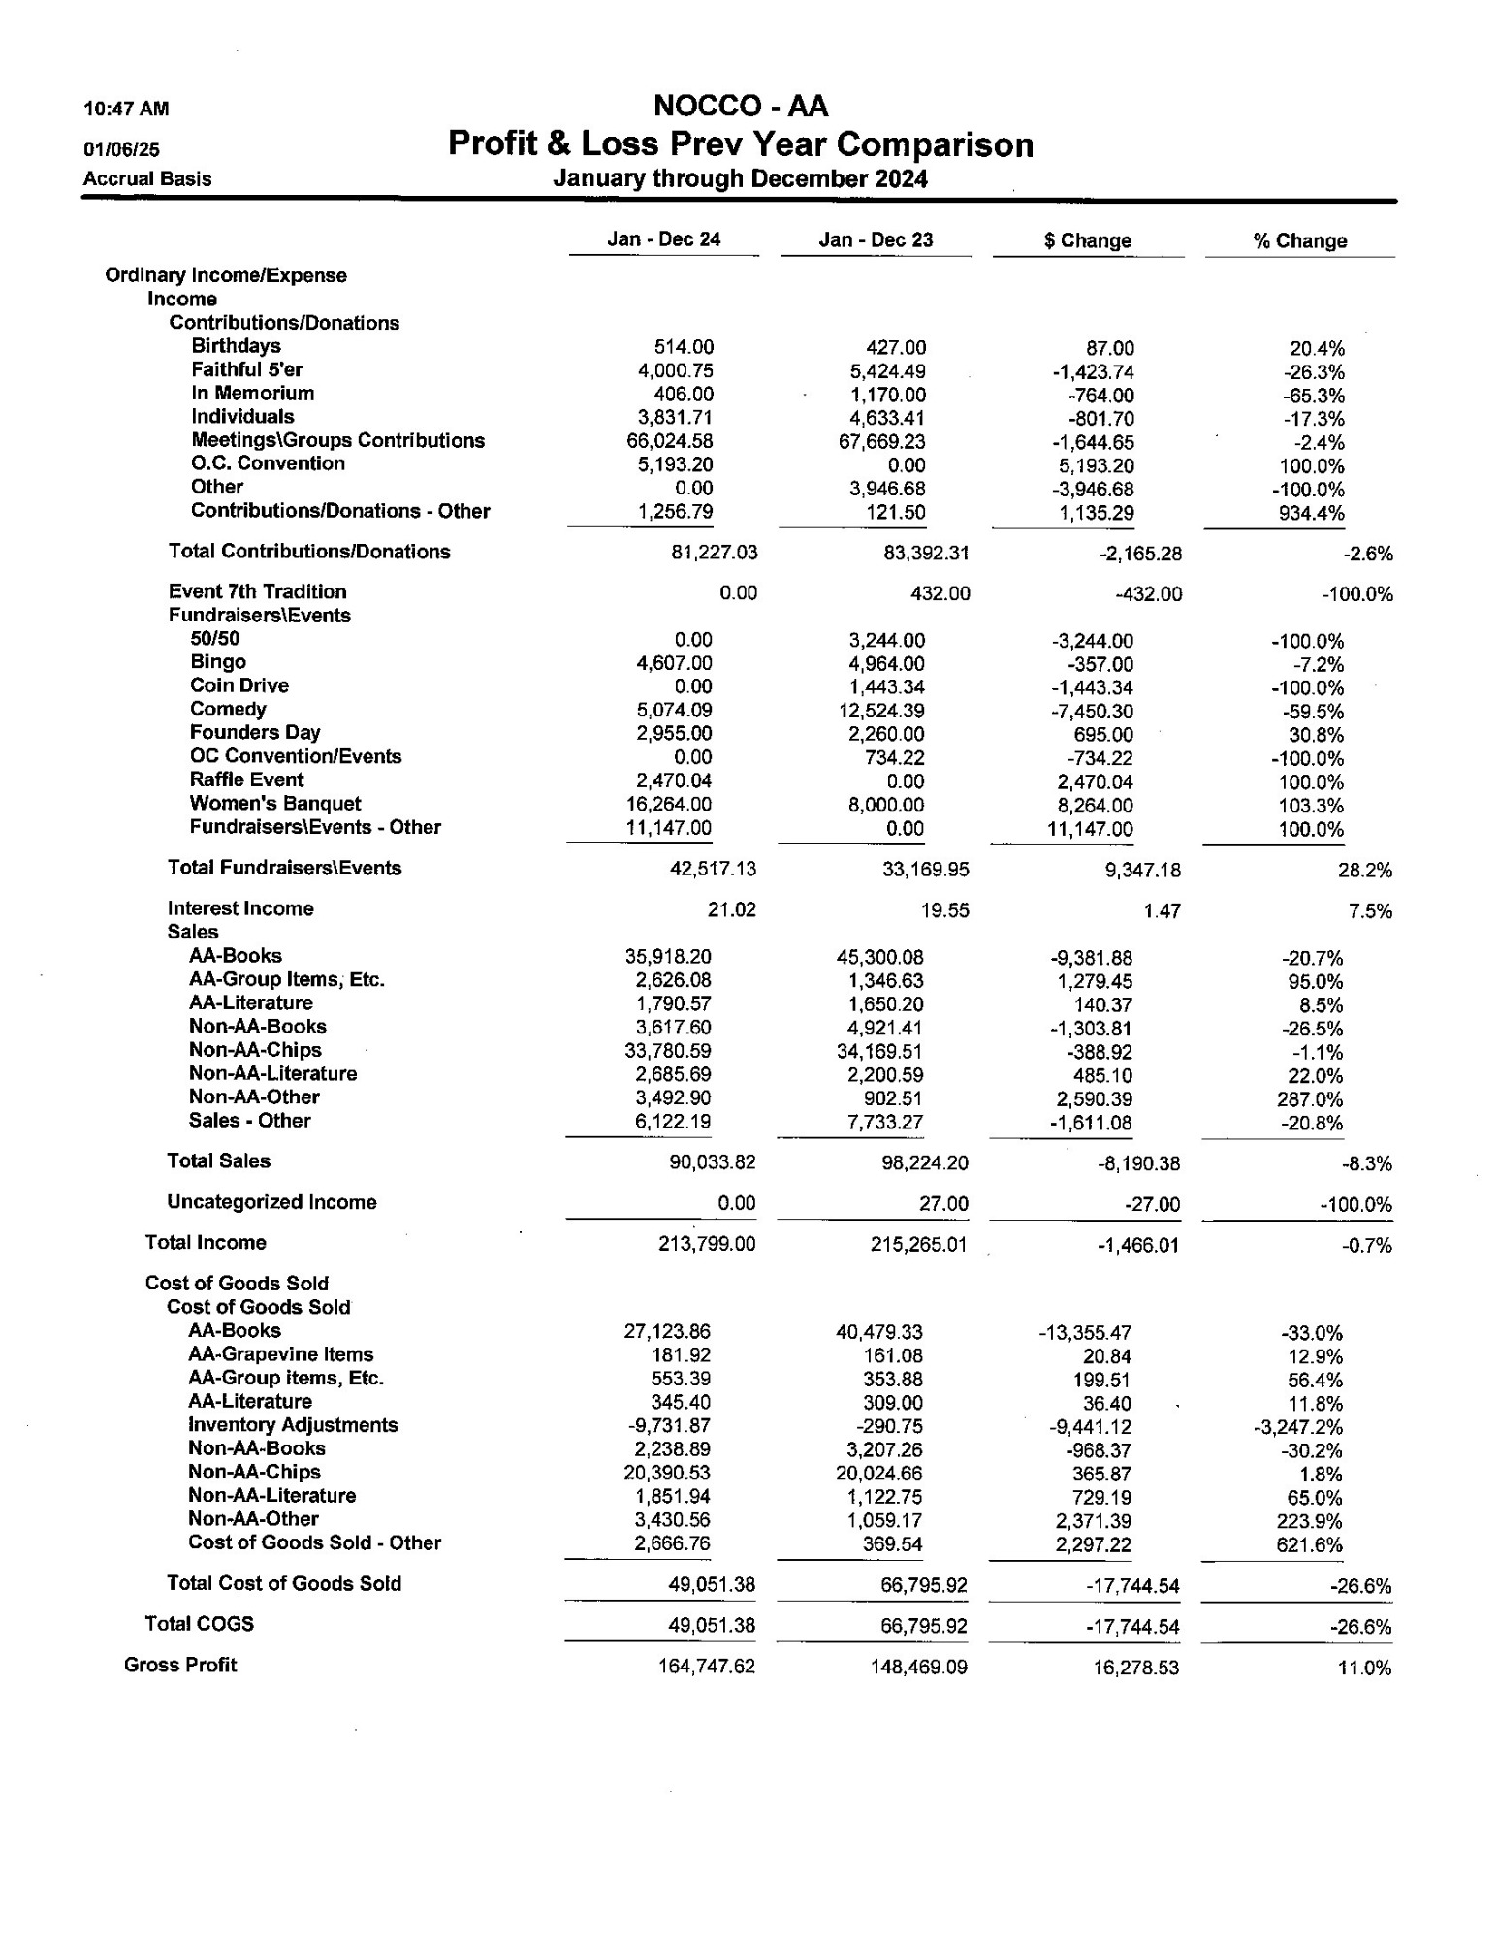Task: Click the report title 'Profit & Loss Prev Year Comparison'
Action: [x=740, y=144]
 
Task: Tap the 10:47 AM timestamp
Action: [x=126, y=109]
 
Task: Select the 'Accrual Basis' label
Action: [x=147, y=178]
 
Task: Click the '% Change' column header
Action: [x=1299, y=240]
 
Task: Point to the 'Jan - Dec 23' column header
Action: [x=876, y=239]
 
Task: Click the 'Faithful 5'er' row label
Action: [x=246, y=369]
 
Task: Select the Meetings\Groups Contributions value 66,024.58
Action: [x=670, y=442]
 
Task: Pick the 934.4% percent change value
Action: [x=1311, y=513]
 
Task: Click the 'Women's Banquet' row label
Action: [x=275, y=804]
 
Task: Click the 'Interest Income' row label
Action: [x=240, y=908]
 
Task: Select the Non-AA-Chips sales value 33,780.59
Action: [x=668, y=1051]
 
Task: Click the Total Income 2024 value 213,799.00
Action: [x=706, y=1244]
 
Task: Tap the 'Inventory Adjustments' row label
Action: [x=293, y=1425]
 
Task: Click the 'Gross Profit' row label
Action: [x=180, y=1665]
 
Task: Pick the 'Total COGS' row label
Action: [x=199, y=1624]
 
